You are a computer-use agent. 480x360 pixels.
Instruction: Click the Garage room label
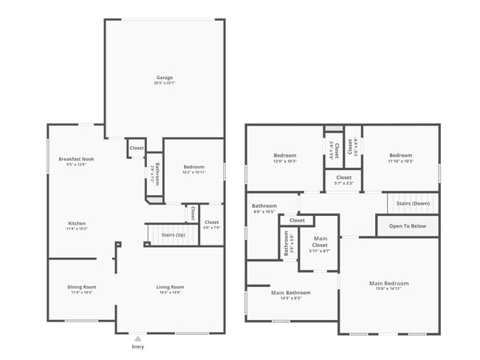[x=164, y=78]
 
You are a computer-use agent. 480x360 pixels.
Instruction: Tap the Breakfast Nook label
[x=77, y=159]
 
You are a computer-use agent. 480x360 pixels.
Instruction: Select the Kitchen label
[x=77, y=223]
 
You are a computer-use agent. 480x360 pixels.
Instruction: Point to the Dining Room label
[x=83, y=287]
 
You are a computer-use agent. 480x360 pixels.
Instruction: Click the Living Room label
[x=170, y=287]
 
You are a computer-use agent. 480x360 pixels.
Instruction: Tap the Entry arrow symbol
[x=137, y=338]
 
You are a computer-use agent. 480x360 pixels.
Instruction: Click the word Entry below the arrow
[x=137, y=347]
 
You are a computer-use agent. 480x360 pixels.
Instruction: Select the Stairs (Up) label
[x=173, y=235]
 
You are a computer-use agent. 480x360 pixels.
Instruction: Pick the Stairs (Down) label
[x=413, y=203]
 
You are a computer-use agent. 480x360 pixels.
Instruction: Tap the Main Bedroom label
[x=388, y=283]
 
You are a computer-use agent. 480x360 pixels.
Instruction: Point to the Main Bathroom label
[x=290, y=293]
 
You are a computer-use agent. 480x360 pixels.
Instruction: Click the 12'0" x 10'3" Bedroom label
[x=284, y=155]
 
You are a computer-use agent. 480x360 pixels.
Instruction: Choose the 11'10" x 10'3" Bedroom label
[x=400, y=155]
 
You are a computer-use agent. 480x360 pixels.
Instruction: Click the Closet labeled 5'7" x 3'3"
[x=343, y=177]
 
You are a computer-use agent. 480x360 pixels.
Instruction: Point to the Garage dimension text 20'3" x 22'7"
[x=164, y=84]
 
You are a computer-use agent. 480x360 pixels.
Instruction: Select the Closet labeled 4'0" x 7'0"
[x=211, y=223]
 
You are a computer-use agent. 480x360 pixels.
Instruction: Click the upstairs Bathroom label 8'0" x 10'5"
[x=264, y=206]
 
